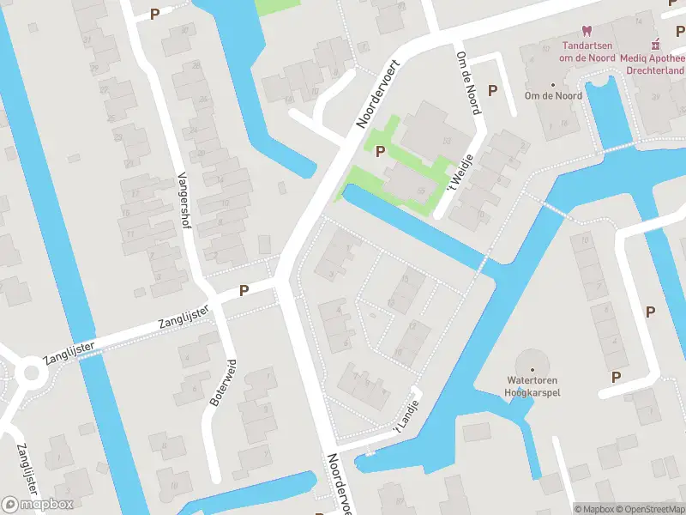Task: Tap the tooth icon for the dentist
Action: (587, 32)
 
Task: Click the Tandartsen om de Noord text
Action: (587, 51)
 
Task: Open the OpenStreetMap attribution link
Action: (649, 509)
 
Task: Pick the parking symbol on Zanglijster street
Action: (244, 290)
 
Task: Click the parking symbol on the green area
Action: (380, 151)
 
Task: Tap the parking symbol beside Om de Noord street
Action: (492, 89)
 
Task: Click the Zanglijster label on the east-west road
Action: (184, 318)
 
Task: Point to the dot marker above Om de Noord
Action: (553, 85)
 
